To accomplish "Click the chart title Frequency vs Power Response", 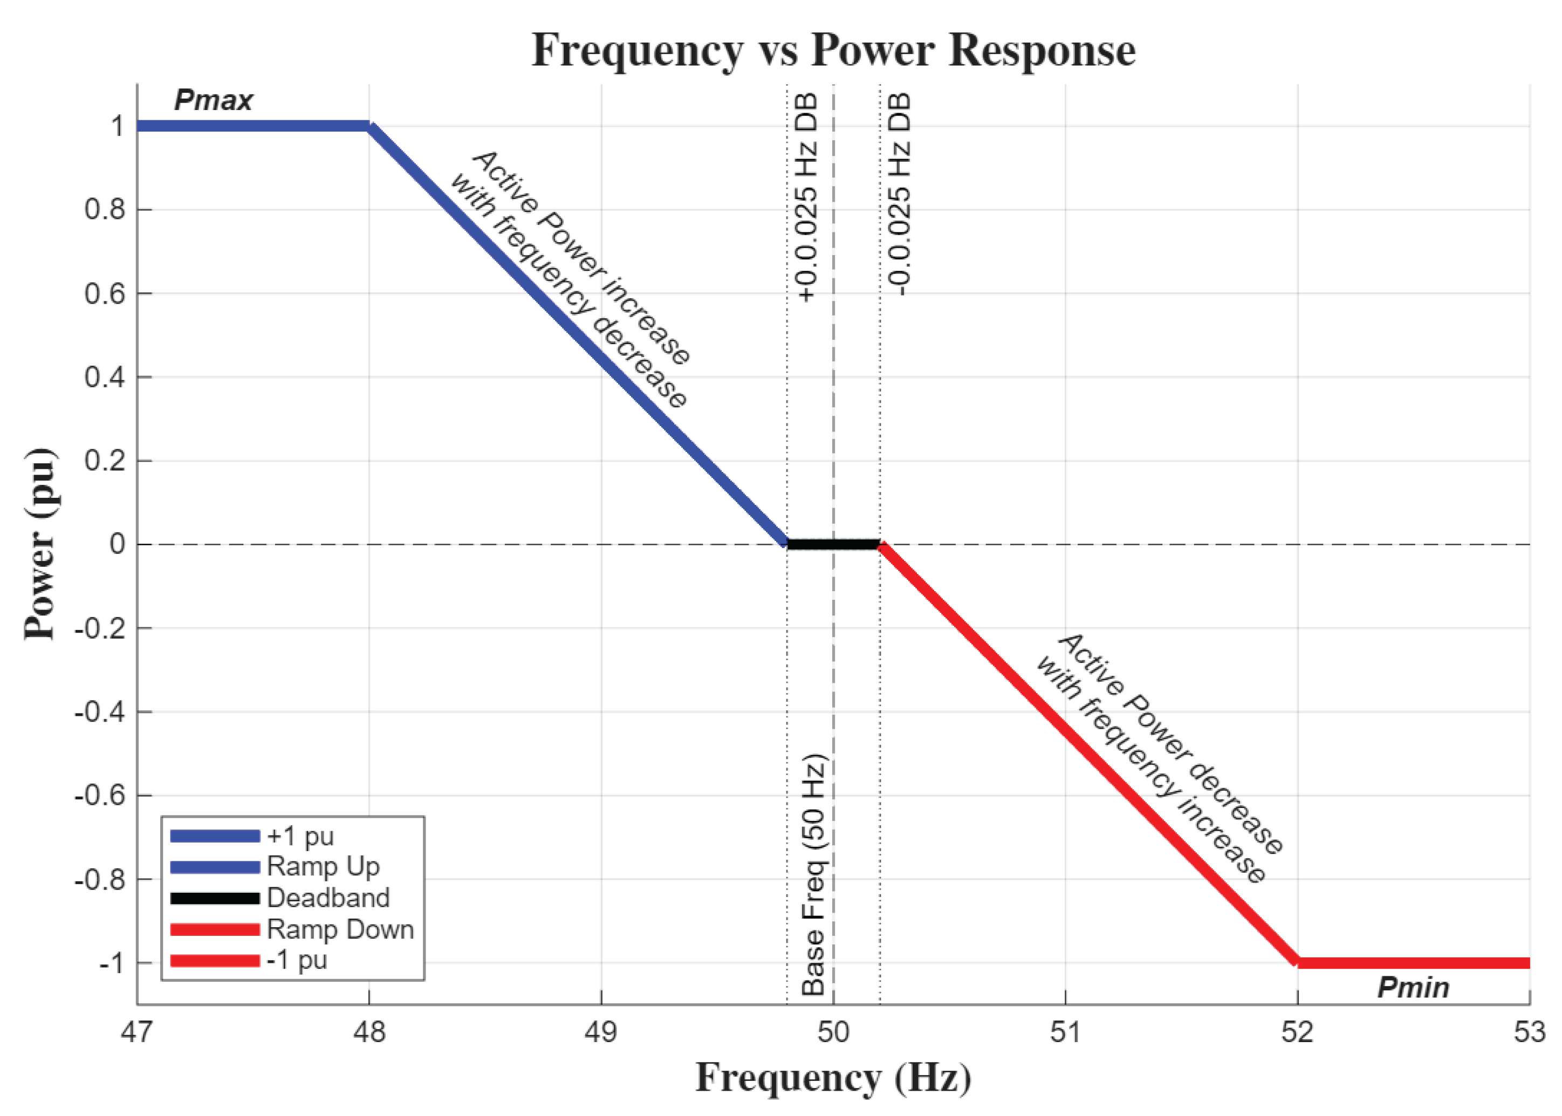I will click(x=833, y=50).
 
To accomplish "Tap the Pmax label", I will click(x=213, y=100).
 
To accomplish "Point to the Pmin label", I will click(x=1413, y=988).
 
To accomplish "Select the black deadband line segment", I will click(x=833, y=544).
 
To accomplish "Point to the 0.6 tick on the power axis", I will click(x=105, y=293).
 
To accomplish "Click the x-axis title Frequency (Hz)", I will click(x=833, y=1077).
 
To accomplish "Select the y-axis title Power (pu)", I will click(x=40, y=544).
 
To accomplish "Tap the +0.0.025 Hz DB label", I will click(x=807, y=197).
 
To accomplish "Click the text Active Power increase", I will click(x=581, y=256).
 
